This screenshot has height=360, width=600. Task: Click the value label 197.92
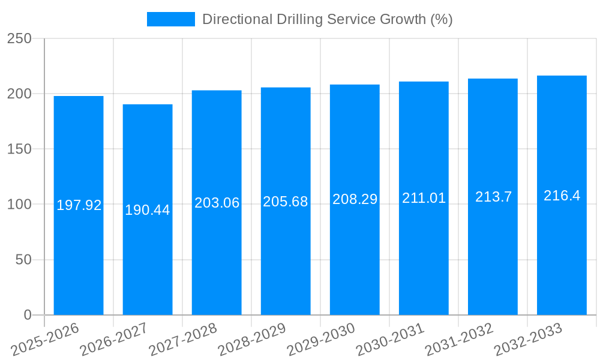pyautogui.click(x=79, y=205)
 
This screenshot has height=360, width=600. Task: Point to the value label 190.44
pyautogui.click(x=148, y=210)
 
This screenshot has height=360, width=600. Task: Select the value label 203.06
pyautogui.click(x=217, y=203)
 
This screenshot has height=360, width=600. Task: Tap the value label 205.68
pyautogui.click(x=286, y=202)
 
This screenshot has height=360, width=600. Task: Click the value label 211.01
pyautogui.click(x=424, y=198)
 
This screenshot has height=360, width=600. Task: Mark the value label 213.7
pyautogui.click(x=493, y=196)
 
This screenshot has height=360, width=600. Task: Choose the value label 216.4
pyautogui.click(x=562, y=195)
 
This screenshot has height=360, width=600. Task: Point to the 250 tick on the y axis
pyautogui.click(x=19, y=38)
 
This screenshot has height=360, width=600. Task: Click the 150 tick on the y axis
pyautogui.click(x=19, y=149)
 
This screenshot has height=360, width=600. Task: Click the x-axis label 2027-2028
pyautogui.click(x=184, y=339)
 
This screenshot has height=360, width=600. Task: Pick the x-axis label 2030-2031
pyautogui.click(x=391, y=339)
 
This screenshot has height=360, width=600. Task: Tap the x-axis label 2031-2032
pyautogui.click(x=460, y=339)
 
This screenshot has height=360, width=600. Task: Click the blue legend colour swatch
pyautogui.click(x=171, y=19)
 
